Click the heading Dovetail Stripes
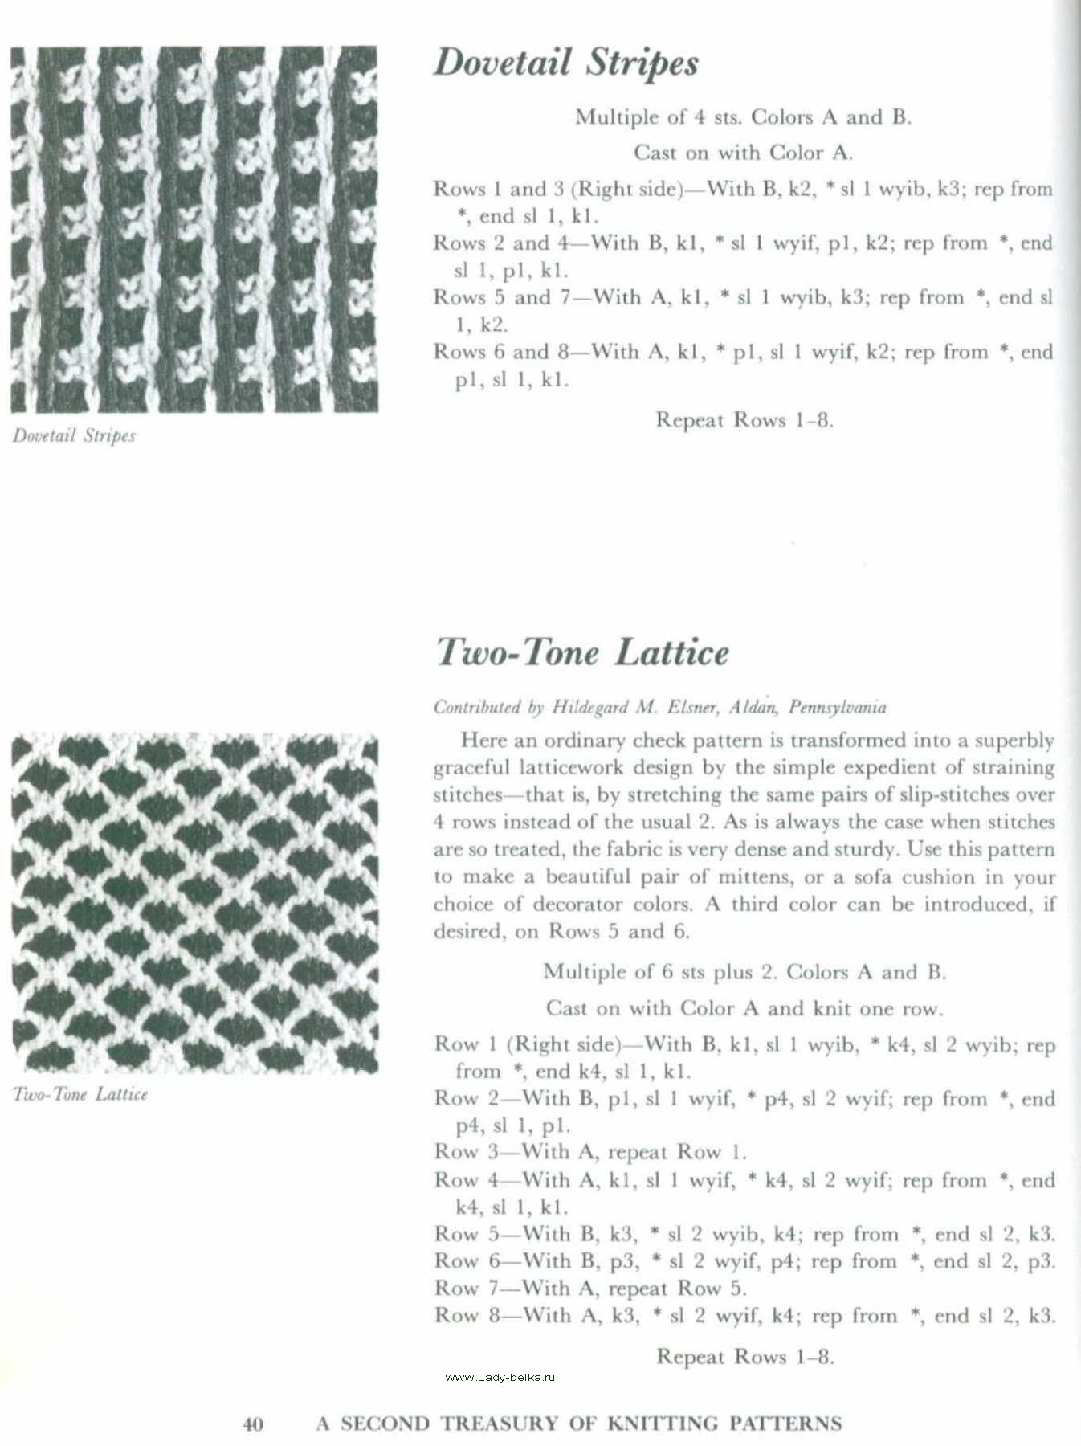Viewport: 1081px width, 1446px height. (x=565, y=63)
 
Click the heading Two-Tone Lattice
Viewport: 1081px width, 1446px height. (x=582, y=652)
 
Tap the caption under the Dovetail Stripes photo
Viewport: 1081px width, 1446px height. (x=74, y=436)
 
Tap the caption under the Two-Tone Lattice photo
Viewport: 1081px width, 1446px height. (x=80, y=1094)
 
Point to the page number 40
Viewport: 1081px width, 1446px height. (x=252, y=1424)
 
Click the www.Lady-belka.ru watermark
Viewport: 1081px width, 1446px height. (x=500, y=1377)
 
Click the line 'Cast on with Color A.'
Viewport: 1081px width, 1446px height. (x=743, y=153)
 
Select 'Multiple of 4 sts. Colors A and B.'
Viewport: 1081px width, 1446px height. (x=743, y=117)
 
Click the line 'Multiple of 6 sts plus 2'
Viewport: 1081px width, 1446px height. (x=744, y=972)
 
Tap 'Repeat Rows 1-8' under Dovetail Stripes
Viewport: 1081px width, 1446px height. (x=744, y=420)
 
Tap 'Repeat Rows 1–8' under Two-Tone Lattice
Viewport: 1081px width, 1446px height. (x=745, y=1357)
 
